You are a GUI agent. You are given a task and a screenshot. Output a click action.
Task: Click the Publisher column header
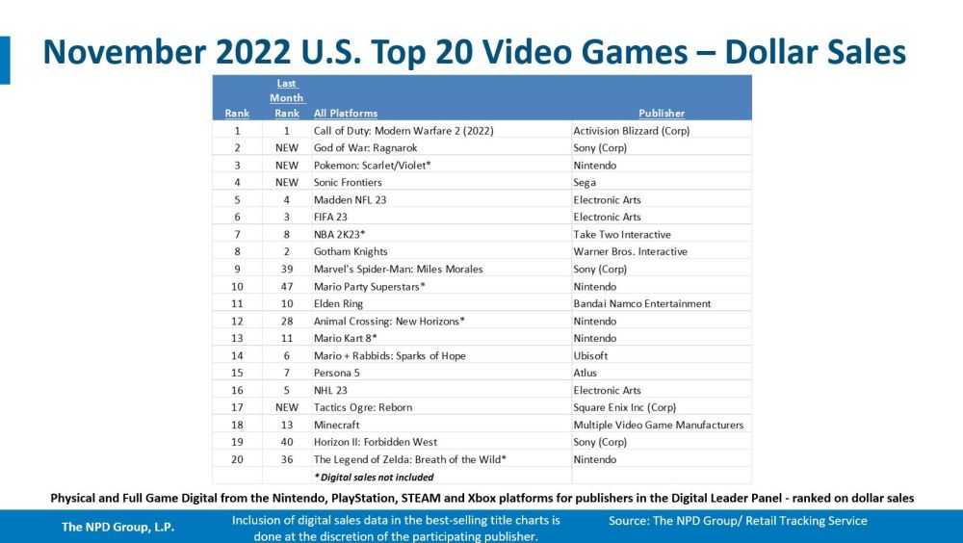click(x=662, y=113)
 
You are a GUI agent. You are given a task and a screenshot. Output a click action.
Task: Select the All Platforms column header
click(x=346, y=113)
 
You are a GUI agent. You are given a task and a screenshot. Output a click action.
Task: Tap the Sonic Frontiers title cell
click(x=348, y=182)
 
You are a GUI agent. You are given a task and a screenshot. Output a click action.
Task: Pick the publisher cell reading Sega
click(x=585, y=182)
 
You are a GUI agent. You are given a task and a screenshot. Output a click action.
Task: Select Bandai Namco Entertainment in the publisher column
click(x=641, y=303)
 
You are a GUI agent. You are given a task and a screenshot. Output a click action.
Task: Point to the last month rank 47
click(x=286, y=286)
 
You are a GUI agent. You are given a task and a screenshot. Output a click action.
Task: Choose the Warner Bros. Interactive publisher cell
click(x=630, y=251)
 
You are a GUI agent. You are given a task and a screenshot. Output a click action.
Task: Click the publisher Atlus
click(x=585, y=373)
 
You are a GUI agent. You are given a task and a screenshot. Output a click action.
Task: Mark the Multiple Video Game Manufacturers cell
click(x=658, y=425)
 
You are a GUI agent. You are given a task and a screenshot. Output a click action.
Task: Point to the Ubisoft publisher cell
click(x=590, y=355)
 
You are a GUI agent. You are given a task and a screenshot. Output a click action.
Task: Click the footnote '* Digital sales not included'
click(x=374, y=477)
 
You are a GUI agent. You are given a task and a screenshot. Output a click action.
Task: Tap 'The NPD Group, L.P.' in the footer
click(x=118, y=527)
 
